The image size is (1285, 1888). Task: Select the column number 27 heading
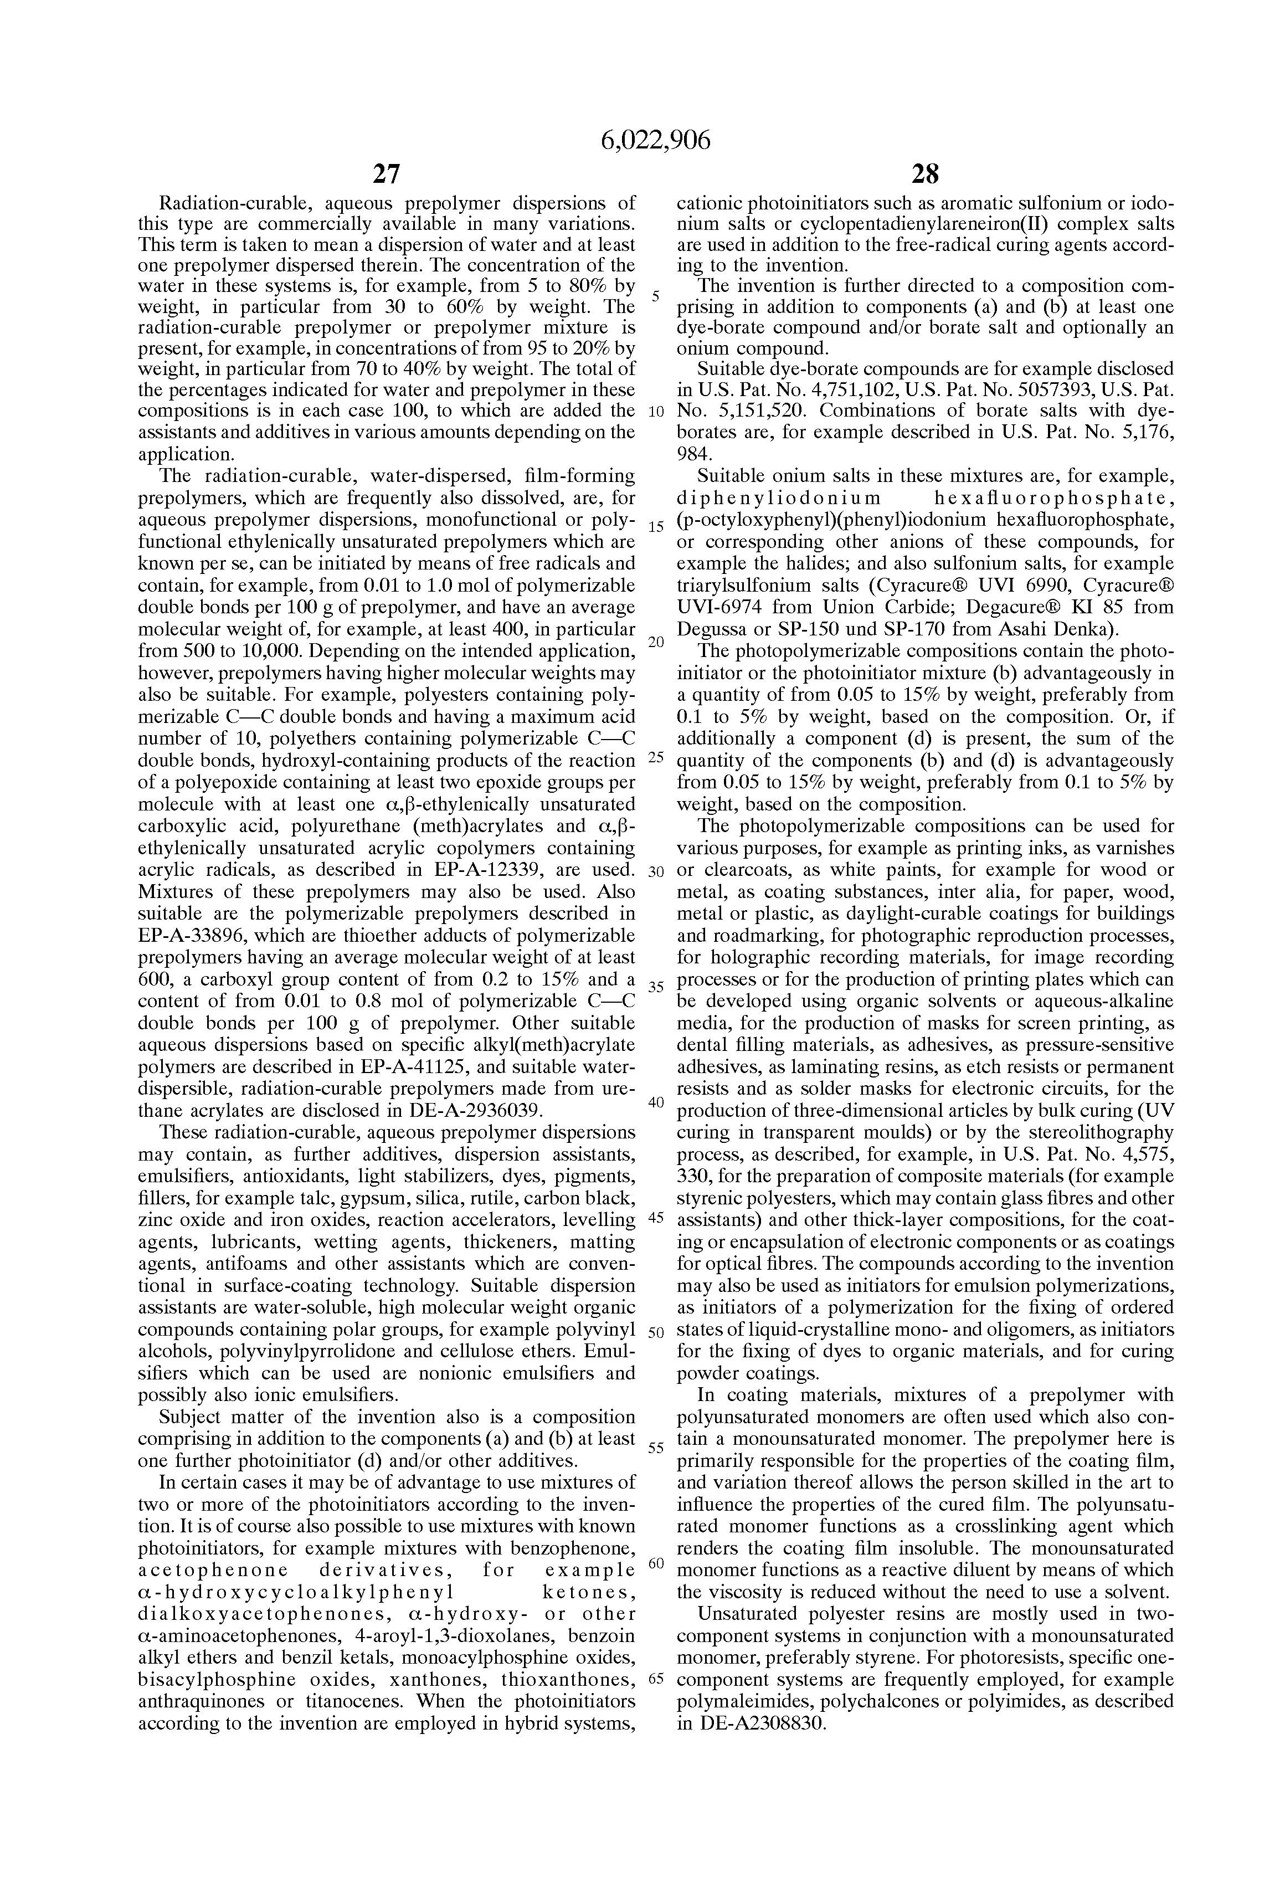(x=387, y=174)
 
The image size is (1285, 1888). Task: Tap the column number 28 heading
(x=924, y=174)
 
